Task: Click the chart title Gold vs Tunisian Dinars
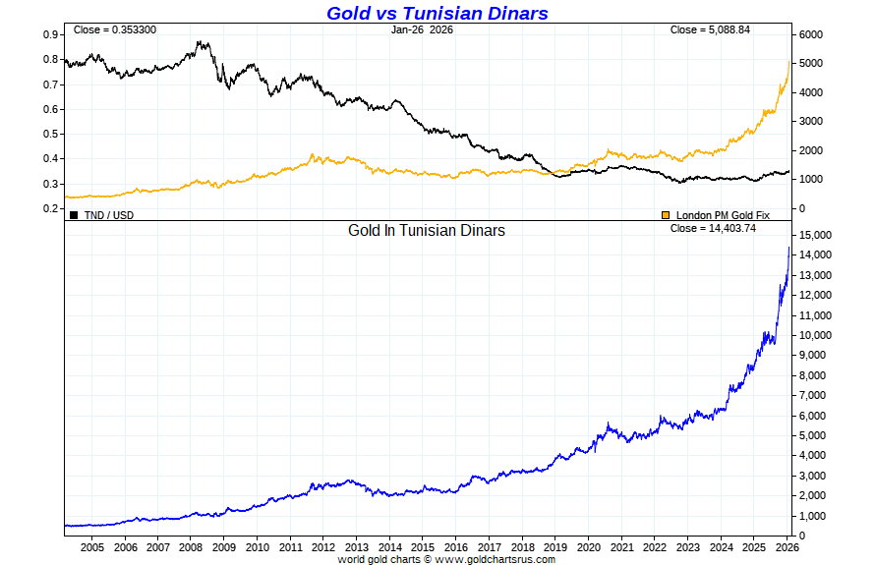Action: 437,13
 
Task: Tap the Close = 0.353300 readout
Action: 114,29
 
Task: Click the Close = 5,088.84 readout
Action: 710,29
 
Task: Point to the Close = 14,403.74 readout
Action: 713,228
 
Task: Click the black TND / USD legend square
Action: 74,214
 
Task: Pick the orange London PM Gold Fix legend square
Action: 666,214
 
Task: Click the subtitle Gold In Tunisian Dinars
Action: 427,231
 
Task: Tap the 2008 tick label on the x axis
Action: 191,547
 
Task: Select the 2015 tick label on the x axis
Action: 423,547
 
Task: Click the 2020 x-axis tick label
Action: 588,547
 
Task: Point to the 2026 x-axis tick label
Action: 787,547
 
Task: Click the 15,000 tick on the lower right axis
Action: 815,235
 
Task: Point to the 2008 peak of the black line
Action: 200,42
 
